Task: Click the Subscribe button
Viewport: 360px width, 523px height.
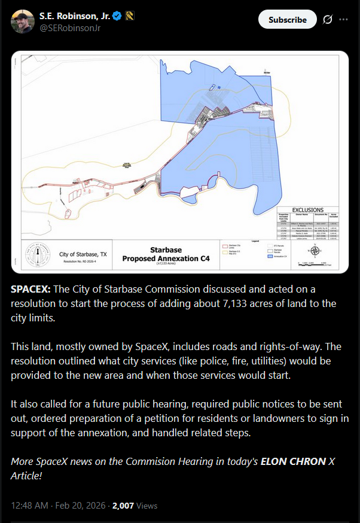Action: point(287,20)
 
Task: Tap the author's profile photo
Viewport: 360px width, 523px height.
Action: point(23,21)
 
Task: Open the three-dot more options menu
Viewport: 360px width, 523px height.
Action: point(343,20)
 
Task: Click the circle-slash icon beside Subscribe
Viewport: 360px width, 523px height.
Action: point(327,20)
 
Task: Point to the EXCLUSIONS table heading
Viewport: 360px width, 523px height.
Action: point(308,210)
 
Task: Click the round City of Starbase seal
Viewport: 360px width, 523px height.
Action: point(41,256)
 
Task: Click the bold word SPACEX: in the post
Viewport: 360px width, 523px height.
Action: point(30,289)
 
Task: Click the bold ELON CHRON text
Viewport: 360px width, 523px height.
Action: point(293,461)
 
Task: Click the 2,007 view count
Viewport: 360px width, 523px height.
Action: point(122,506)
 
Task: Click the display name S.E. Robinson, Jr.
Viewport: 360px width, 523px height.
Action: point(73,16)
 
